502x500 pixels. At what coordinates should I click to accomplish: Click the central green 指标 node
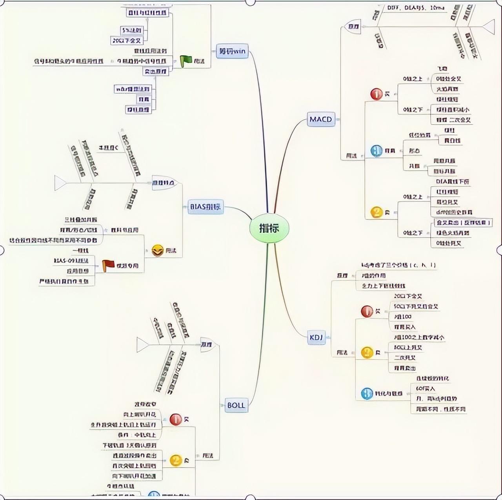269,228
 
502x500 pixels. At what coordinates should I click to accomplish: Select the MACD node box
321,119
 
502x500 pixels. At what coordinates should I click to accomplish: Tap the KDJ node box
316,337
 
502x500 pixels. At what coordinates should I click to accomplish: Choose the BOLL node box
236,405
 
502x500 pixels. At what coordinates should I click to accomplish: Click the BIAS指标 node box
206,207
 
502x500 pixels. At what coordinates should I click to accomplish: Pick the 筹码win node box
232,51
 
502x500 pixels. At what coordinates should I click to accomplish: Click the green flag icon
186,61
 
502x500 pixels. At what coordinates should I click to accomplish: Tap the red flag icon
108,265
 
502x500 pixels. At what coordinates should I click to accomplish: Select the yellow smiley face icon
158,250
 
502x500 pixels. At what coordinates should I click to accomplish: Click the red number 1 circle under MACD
376,94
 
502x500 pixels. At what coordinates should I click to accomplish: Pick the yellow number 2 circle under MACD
376,212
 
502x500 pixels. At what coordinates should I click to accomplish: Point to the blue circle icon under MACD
376,150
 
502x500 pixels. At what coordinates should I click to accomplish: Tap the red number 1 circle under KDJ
367,312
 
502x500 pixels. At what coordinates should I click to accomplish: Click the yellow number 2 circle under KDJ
367,352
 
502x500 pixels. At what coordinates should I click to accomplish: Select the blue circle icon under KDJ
367,393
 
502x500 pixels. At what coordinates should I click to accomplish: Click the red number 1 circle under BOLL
176,420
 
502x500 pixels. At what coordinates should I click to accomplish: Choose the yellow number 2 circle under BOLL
176,460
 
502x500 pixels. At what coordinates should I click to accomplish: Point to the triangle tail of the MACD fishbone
488,27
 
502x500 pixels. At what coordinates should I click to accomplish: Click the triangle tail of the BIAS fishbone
60,183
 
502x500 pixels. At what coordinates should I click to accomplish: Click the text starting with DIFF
416,7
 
